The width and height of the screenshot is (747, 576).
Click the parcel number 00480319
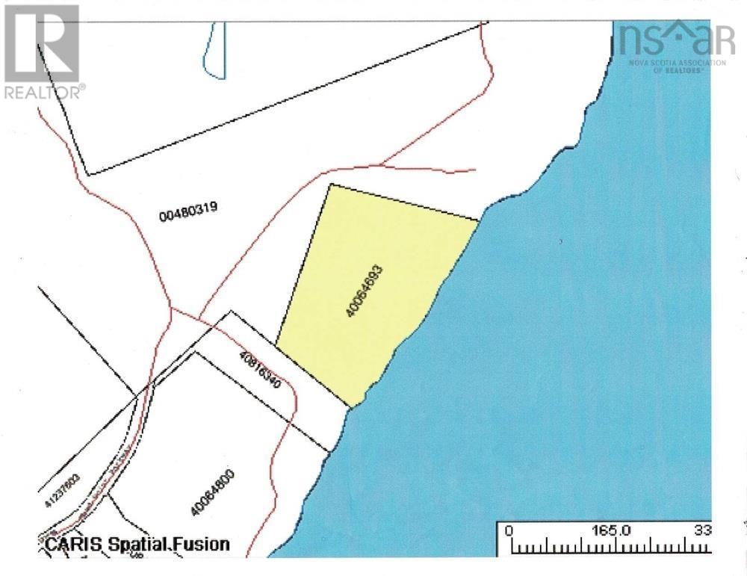click(188, 212)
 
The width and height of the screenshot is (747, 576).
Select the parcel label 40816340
click(260, 368)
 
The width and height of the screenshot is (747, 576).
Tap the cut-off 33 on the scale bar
click(702, 530)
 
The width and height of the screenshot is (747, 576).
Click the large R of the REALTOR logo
click(41, 43)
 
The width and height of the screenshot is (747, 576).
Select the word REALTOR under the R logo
click(43, 92)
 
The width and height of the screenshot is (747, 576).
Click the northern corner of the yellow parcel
click(330, 185)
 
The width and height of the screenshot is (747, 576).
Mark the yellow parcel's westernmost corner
click(276, 346)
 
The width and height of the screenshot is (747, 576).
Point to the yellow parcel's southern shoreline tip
click(350, 406)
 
